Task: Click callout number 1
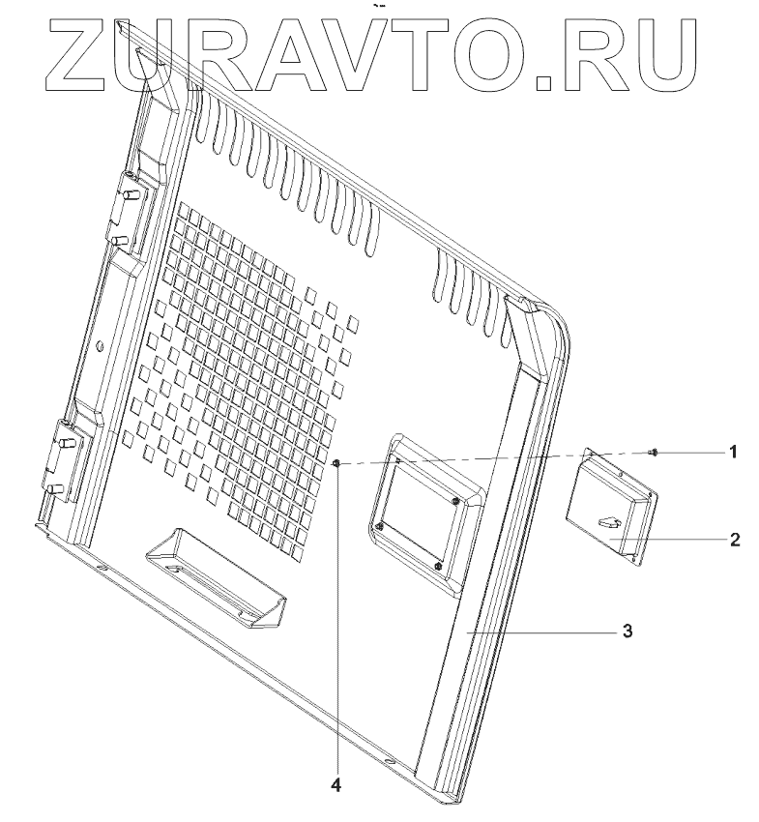(x=734, y=451)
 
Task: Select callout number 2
(x=735, y=539)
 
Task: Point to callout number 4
(x=336, y=784)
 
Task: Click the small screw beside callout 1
(x=655, y=452)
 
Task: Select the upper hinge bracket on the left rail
(x=127, y=208)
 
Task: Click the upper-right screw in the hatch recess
(x=454, y=501)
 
